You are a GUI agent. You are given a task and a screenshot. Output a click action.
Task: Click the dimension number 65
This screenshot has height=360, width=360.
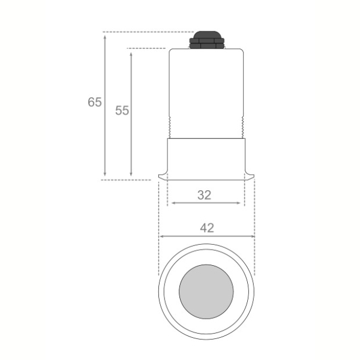(95, 102)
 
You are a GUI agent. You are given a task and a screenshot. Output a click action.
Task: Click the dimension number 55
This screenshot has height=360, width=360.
(122, 110)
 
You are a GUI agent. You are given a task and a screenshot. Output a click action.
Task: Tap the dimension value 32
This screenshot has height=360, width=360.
(204, 195)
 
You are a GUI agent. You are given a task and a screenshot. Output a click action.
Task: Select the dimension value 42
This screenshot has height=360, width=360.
(207, 228)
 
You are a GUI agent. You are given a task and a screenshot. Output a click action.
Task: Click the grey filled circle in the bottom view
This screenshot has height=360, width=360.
(206, 292)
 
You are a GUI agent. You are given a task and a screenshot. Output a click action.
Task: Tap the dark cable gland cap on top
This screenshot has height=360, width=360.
(206, 40)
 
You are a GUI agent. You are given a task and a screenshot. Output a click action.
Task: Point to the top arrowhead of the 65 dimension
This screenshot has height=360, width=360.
(105, 37)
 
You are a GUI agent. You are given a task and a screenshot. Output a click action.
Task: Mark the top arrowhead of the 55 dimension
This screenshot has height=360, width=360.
(131, 54)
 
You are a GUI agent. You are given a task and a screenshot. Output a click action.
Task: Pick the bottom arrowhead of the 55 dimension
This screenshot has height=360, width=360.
(131, 174)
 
